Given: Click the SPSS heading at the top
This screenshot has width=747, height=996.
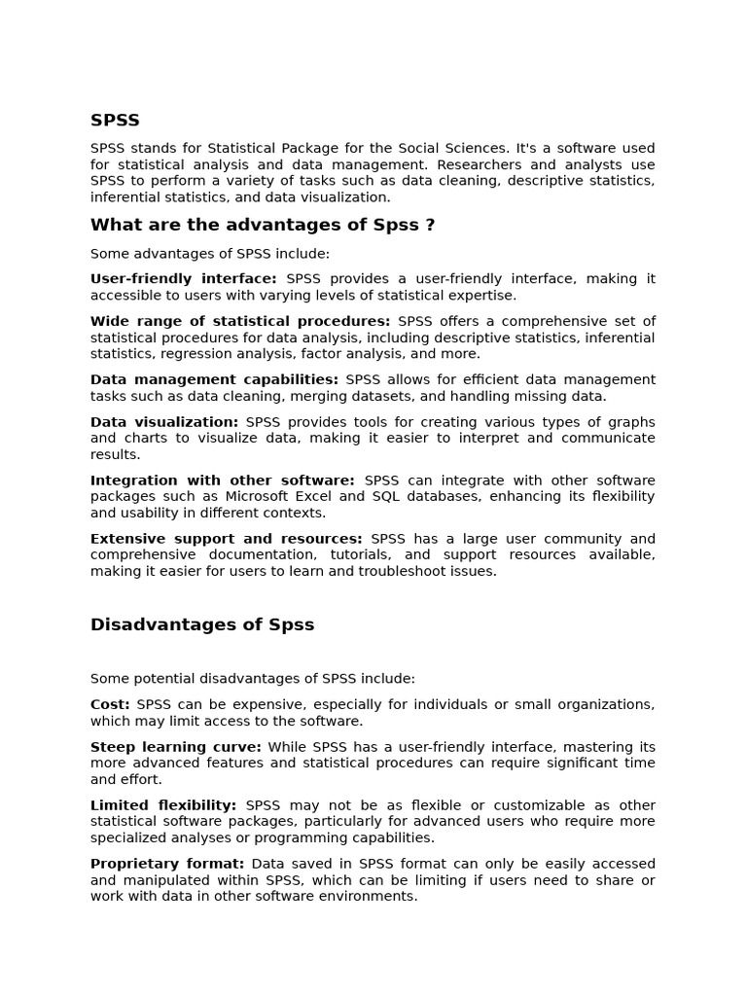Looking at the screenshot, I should coord(115,121).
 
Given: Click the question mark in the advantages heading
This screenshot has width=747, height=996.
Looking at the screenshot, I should coord(430,226).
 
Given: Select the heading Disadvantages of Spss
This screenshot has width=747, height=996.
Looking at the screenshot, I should coord(202,624).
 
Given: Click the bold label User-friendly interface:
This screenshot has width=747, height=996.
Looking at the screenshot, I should coord(183,279).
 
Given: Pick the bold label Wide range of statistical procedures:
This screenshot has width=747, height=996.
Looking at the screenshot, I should coord(240,321).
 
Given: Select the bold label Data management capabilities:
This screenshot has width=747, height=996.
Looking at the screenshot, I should coord(214,379).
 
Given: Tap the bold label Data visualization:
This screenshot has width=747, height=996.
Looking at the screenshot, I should coord(164,422).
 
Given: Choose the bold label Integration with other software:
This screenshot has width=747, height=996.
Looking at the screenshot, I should coord(223,480).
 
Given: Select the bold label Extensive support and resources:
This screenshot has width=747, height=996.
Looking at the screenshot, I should coord(227,539).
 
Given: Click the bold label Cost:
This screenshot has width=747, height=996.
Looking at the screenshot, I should coord(110,704).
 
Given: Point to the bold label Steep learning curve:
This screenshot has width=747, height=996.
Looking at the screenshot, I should coord(176,747).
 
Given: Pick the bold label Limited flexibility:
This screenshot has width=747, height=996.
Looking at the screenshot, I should coord(163,805).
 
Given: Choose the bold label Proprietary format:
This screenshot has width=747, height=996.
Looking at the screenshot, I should coord(167,864).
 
